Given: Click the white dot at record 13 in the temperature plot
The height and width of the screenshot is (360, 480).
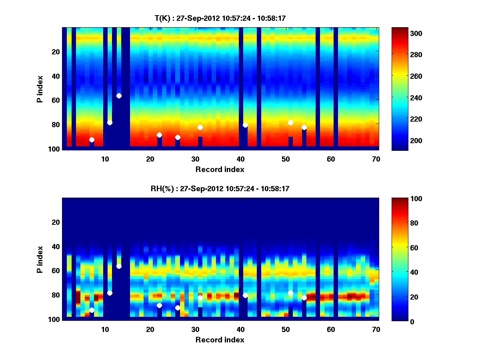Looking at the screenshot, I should point(119,96).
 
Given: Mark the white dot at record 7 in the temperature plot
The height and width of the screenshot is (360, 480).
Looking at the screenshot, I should point(92,140).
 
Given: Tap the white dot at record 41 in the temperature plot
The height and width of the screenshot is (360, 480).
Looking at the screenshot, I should point(245,125).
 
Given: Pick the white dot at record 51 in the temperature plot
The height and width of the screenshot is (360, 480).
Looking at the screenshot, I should point(290,122).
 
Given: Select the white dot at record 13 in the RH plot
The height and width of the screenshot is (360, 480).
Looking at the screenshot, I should point(119,266).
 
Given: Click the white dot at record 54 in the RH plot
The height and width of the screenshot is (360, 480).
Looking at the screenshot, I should point(304,298).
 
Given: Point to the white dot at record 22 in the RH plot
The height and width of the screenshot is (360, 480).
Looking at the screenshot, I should point(159,305).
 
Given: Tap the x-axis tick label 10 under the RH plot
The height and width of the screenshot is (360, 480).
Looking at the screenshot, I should point(105,329).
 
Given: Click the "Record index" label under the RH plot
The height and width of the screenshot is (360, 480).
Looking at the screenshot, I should point(220,340).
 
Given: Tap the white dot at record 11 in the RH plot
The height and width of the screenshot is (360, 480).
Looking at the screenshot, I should point(110,293).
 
